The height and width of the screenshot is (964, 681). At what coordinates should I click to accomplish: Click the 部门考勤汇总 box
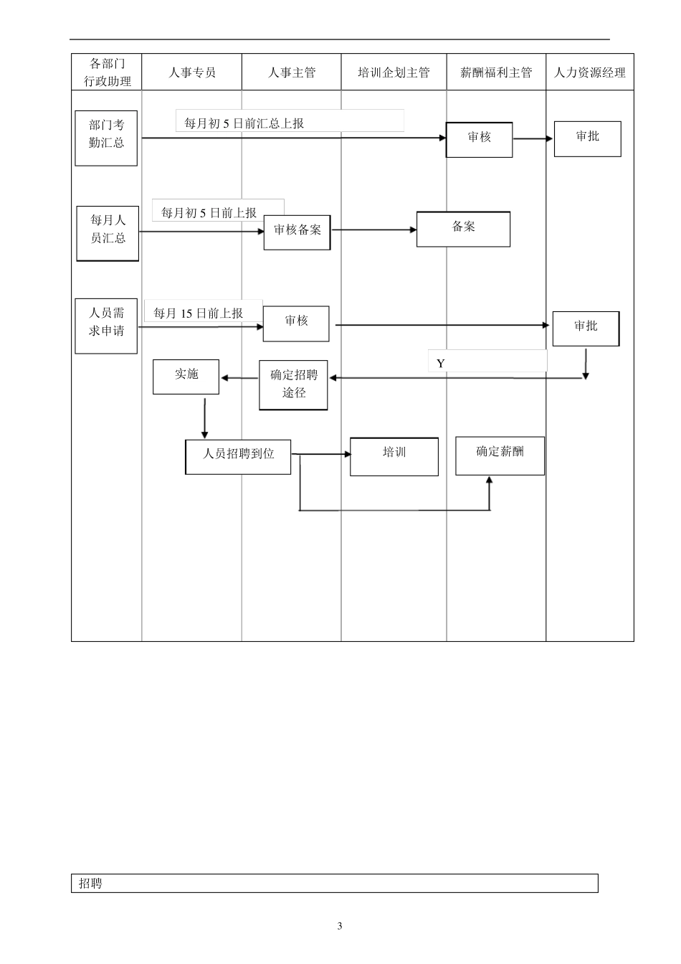click(106, 138)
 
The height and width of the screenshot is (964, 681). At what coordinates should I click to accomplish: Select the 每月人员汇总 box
click(108, 233)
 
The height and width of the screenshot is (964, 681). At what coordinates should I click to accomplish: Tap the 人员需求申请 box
click(106, 326)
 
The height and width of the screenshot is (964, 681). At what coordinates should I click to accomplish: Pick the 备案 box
click(463, 230)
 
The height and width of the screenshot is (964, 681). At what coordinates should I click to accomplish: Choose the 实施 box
click(186, 377)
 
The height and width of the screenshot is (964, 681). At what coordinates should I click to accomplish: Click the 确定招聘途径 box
click(293, 385)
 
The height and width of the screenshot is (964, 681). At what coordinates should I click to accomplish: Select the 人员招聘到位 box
click(238, 457)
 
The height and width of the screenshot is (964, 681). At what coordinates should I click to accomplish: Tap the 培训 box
click(394, 456)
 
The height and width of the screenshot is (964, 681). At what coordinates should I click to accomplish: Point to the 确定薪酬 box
click(500, 455)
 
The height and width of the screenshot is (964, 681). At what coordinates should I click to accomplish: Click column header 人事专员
click(192, 72)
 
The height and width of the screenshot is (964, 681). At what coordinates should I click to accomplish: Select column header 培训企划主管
click(394, 72)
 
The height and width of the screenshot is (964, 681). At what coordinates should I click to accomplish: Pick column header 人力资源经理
click(590, 72)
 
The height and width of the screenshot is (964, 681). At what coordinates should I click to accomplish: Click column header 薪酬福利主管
click(496, 72)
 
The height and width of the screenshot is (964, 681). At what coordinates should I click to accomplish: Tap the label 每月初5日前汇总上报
click(244, 123)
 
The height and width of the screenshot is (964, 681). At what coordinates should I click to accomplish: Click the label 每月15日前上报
click(198, 313)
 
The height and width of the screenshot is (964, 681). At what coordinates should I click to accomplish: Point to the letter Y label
click(440, 364)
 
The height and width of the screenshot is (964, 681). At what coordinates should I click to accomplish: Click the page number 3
click(340, 926)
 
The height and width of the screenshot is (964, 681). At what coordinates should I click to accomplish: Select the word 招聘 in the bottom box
click(90, 884)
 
